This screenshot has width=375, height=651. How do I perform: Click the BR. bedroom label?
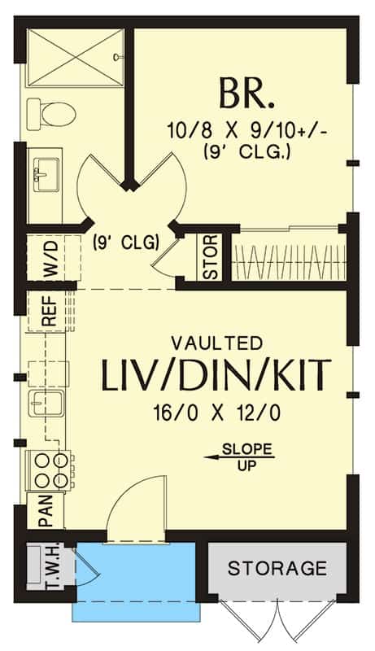[246, 94]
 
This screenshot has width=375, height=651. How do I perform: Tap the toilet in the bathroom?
[51, 114]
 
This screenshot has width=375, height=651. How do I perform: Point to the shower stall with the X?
[75, 58]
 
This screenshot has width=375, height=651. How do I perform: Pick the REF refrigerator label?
[50, 311]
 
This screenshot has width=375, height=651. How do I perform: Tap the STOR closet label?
[211, 256]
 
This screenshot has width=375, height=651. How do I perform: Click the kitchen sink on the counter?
[47, 403]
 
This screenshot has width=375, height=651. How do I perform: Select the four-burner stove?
[50, 470]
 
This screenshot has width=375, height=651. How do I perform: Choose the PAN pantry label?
[46, 511]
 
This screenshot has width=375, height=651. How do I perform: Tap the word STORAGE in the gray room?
[277, 568]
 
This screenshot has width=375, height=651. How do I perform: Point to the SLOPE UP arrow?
[239, 457]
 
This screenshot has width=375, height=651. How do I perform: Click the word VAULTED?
[217, 343]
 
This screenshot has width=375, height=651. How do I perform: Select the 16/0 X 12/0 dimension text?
[217, 413]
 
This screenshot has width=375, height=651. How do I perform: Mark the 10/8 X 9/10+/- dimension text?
[248, 130]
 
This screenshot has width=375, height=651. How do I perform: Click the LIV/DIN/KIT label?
[216, 377]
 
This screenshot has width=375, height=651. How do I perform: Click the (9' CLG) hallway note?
[126, 242]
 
